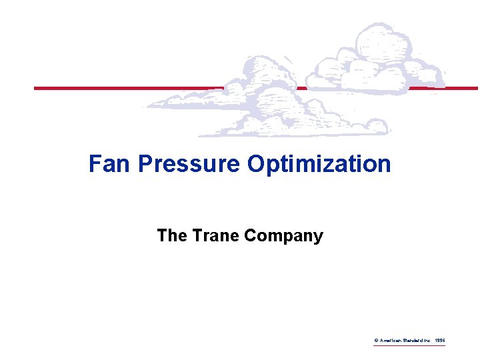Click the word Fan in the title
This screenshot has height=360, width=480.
111,164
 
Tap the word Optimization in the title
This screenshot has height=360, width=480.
319,164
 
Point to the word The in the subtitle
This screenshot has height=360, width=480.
170,236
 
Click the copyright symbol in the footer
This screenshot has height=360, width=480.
376,341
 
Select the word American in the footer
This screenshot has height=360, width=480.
390,341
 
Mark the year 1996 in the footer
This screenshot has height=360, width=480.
439,341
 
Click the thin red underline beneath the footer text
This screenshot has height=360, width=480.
409,346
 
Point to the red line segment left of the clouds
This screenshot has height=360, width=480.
127,88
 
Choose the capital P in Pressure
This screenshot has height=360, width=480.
145,164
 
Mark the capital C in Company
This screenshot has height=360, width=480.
251,236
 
